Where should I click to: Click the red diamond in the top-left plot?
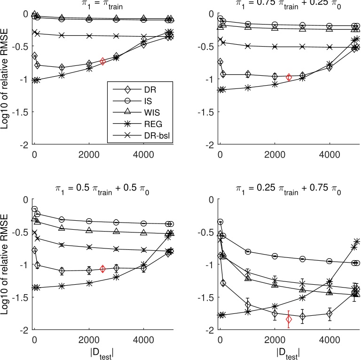coord(103,61)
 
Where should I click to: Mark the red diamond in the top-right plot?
coord(289,77)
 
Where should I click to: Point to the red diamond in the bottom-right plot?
coord(289,320)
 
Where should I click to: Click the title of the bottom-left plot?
coord(102,192)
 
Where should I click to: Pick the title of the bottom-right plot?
coord(289,192)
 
